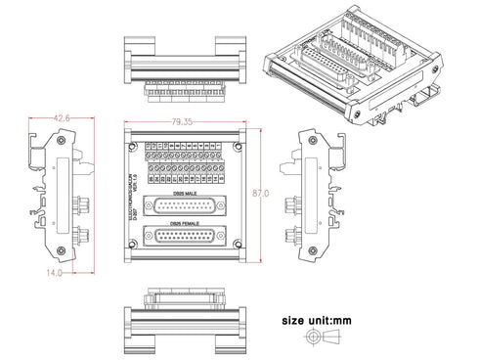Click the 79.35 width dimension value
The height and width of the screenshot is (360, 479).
coord(180,121)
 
